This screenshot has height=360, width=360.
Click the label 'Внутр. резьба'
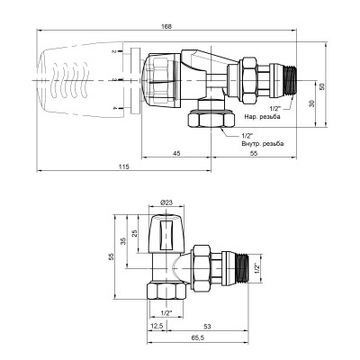(x=261, y=144)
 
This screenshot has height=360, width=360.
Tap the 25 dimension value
(x=136, y=234)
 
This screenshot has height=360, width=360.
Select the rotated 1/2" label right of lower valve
(x=256, y=267)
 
